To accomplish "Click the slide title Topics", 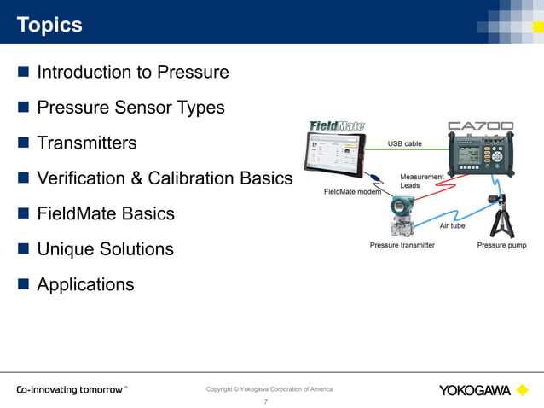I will click(49, 25).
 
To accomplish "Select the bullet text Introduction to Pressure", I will click(132, 72).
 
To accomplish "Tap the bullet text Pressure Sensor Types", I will click(130, 108).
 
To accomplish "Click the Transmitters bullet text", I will click(86, 143).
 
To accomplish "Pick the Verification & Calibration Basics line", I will click(165, 178).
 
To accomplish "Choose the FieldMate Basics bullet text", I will click(106, 213).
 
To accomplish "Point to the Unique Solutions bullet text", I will click(105, 249).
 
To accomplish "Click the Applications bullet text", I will click(85, 284).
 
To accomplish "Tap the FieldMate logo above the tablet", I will click(336, 125).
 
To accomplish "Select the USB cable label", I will click(405, 143).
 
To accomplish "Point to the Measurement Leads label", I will click(421, 181).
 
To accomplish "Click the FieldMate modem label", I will click(352, 191).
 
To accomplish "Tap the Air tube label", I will click(452, 225).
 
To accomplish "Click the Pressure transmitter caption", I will click(402, 245).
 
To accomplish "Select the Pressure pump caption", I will click(501, 245).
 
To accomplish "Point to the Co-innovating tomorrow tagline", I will click(71, 390).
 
